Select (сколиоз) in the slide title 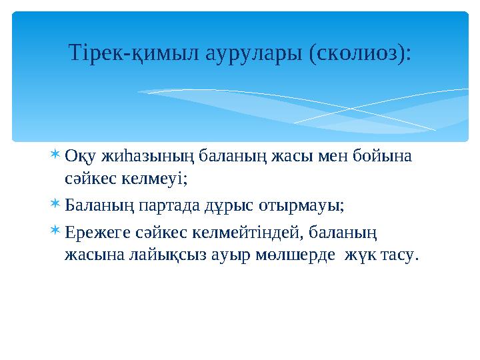point(359,53)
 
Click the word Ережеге point(94,232)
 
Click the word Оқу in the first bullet point(80,157)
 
